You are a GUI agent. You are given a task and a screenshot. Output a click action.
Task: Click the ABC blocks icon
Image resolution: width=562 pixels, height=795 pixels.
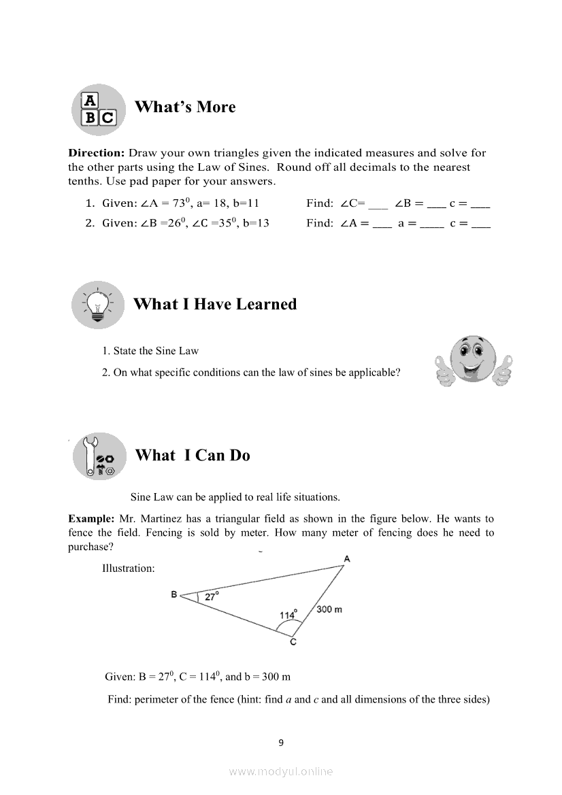[99, 109]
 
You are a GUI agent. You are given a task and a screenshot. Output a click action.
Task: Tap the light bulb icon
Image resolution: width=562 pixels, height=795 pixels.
[99, 304]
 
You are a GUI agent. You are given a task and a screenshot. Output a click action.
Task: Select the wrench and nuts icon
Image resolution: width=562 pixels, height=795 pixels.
[99, 456]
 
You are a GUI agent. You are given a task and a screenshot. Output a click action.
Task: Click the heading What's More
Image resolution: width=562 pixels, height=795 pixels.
[185, 107]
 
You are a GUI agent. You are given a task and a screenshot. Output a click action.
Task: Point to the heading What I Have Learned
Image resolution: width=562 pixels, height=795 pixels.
[215, 304]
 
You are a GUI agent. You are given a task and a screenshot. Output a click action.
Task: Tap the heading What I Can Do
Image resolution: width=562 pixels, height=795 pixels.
[193, 456]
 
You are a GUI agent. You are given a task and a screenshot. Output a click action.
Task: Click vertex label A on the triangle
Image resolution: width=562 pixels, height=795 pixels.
[347, 558]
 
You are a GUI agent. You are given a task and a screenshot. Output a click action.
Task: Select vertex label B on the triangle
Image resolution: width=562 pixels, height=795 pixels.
[174, 594]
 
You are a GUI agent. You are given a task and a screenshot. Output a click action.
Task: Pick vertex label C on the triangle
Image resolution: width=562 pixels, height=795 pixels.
[293, 642]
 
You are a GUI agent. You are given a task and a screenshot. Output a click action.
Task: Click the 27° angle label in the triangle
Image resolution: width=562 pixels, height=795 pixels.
[212, 596]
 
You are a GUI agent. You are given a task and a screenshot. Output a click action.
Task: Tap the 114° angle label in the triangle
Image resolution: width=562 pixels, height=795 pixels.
[288, 614]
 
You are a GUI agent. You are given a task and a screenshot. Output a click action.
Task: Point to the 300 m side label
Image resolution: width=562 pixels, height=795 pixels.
[329, 609]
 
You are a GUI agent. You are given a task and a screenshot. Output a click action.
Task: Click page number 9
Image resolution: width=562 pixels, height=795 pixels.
[281, 743]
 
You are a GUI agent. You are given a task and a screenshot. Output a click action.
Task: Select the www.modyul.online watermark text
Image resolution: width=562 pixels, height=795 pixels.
[281, 771]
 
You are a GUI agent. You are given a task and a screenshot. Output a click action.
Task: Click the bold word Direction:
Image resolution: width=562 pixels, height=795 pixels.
[97, 153]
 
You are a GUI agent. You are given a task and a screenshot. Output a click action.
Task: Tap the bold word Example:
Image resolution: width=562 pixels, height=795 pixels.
[91, 519]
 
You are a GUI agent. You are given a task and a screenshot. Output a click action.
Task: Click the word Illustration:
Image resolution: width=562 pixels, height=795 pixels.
[129, 568]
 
